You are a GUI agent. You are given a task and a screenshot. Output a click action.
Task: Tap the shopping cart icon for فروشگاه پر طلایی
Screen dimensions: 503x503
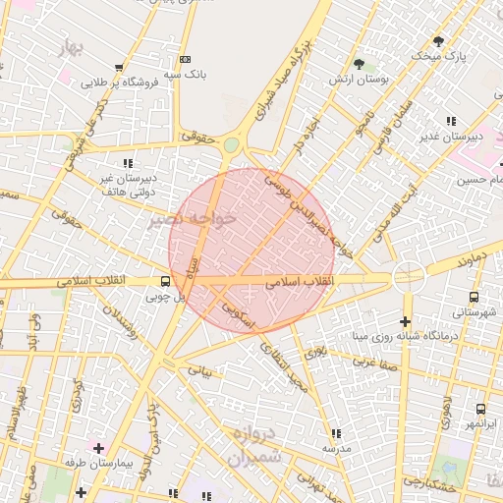click(119, 68)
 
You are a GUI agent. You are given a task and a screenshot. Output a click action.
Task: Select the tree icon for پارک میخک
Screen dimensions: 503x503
click(437, 41)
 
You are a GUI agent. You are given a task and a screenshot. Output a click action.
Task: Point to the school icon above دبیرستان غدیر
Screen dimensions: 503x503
click(451, 121)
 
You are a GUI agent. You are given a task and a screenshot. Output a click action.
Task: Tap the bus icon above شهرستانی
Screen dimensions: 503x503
click(475, 296)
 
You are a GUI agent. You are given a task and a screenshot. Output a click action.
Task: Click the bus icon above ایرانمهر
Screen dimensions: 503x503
click(480, 409)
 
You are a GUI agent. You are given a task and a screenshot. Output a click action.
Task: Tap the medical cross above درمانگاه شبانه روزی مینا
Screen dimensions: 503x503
click(405, 321)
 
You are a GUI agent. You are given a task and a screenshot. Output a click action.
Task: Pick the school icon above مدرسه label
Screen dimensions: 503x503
click(336, 433)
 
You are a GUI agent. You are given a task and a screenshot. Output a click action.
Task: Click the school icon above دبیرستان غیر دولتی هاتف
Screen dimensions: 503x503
click(128, 163)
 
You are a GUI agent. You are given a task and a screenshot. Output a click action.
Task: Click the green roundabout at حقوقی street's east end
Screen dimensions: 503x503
click(231, 145)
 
